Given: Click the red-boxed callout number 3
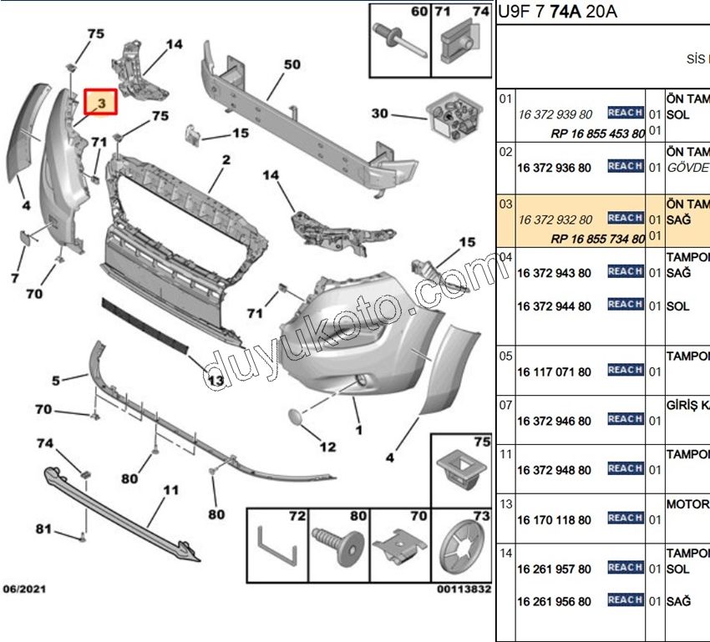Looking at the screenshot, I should coord(100,103).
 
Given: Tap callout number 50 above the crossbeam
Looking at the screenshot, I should coord(291,65).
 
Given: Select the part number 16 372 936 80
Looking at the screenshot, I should coord(554,168).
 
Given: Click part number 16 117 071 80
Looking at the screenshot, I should coord(554,372).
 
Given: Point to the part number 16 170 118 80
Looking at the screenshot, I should coord(554,520).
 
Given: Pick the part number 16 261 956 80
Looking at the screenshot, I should coord(554,602).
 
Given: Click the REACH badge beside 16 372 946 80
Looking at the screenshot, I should coord(625,420).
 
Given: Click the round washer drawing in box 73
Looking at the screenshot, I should coord(461,551).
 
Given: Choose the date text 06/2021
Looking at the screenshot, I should coord(25,589).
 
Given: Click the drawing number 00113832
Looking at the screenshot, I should coord(463,589).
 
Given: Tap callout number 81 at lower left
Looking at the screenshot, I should coord(43,528).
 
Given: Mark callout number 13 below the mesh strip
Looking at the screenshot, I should coord(215,381).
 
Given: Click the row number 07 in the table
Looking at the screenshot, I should coord(505,405).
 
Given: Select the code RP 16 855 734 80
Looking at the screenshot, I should coord(597,239).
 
